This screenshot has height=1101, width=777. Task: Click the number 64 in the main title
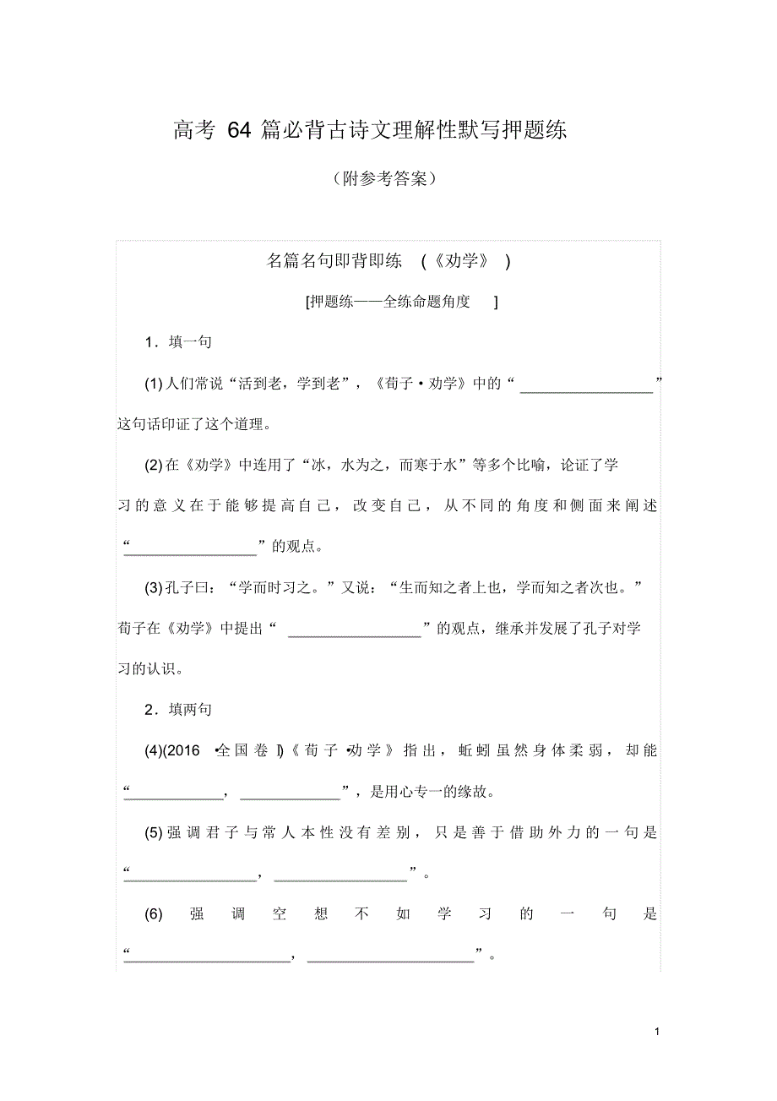[x=239, y=131]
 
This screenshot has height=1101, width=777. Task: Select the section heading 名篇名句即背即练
[x=334, y=261]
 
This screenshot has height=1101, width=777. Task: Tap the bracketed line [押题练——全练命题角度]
[x=402, y=302]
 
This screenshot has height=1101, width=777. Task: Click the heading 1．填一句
[x=177, y=342]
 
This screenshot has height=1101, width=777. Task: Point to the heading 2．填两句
[x=177, y=710]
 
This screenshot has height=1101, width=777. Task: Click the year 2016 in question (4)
[x=187, y=749]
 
